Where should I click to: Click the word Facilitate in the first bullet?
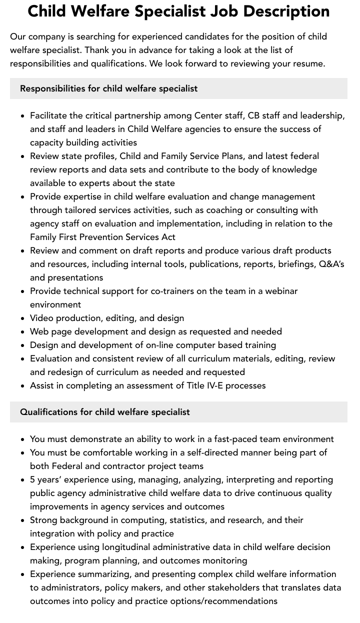point(48,115)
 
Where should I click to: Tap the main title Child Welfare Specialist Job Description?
point(178,11)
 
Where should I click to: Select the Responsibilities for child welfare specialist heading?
point(108,88)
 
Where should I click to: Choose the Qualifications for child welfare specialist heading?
point(104,412)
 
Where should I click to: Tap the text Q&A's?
point(331,264)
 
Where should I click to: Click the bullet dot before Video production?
point(23,318)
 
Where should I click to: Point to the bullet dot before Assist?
point(23,386)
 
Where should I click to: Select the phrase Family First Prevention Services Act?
point(102,237)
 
